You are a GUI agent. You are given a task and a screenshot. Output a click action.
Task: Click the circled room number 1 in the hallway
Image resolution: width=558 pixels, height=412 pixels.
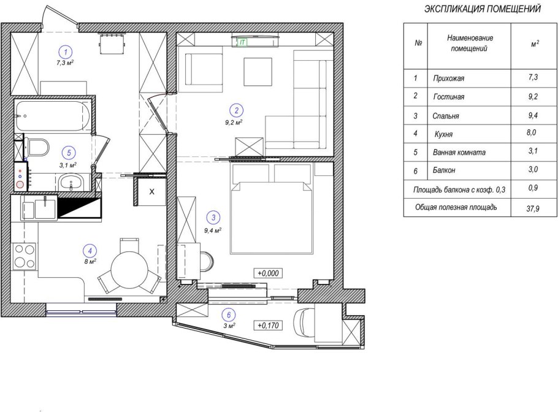point(66,52)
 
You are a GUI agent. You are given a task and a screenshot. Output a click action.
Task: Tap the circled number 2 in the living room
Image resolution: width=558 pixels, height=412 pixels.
point(237,110)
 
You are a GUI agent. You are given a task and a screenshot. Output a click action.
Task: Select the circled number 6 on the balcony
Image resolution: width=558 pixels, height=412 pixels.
point(229,315)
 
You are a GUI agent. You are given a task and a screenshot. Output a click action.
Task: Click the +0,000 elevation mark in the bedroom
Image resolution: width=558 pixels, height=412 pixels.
point(269,273)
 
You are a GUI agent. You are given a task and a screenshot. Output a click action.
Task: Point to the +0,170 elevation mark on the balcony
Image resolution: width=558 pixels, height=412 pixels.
point(269,325)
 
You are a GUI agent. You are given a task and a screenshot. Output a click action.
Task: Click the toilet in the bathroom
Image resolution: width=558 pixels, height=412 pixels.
point(36,147)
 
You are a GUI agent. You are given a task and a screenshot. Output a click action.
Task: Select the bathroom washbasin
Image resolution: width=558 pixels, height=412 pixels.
point(71,183)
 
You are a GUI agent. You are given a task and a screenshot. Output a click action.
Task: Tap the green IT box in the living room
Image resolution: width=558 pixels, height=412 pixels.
point(243,42)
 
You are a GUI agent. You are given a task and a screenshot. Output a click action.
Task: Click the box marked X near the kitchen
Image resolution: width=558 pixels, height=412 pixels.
point(152,192)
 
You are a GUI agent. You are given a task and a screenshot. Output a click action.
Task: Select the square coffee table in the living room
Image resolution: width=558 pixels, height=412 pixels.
point(258,72)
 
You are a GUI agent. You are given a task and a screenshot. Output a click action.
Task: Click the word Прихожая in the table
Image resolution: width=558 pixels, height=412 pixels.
point(448,78)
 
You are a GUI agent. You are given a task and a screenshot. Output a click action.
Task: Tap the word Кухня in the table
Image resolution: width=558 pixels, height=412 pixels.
point(443,134)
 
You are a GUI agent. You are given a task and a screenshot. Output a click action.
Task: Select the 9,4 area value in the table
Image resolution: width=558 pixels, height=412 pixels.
point(533,115)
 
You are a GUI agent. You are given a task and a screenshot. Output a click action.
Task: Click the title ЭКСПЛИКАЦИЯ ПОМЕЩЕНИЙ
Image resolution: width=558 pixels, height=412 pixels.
point(483,9)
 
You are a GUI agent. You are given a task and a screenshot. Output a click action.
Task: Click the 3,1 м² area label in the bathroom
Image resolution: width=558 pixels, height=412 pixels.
point(68,165)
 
